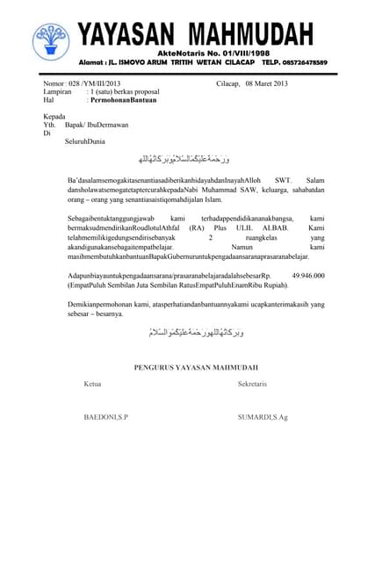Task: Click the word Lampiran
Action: [58, 91]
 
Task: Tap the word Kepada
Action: [54, 117]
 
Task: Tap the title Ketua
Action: [93, 385]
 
